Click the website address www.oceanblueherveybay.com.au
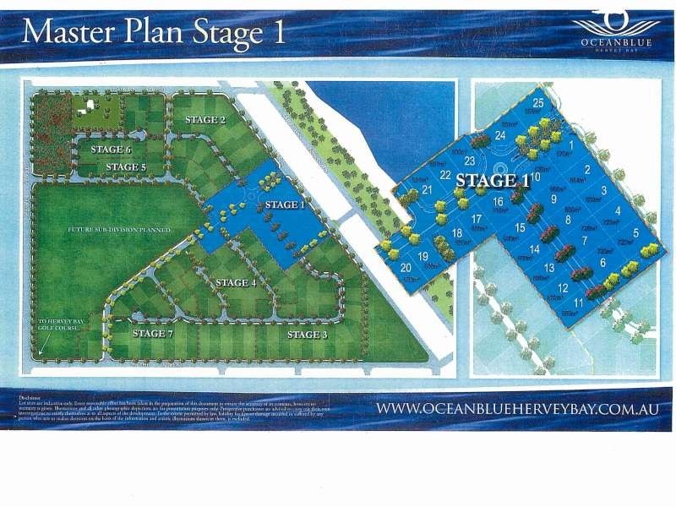[516, 409]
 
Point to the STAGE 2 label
[205, 120]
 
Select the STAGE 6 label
[112, 150]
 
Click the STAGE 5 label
[127, 167]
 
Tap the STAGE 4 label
[236, 282]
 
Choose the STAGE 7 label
[152, 333]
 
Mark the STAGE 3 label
[307, 335]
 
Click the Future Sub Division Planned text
[120, 230]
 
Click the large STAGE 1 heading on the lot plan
[492, 180]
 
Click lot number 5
[635, 232]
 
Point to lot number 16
[498, 202]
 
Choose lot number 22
[444, 175]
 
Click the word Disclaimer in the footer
[30, 394]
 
